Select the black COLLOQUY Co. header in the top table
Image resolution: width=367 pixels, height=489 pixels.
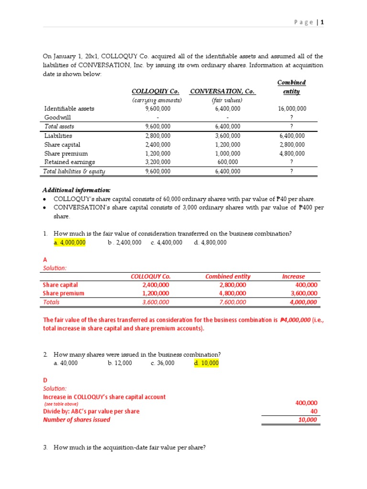pos(155,91)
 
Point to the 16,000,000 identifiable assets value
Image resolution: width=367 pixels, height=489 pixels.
pos(292,108)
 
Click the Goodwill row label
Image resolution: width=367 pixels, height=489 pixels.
pos(57,117)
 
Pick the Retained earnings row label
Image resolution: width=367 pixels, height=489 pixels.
pos(69,162)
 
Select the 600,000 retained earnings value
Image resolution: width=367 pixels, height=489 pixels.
pos(227,162)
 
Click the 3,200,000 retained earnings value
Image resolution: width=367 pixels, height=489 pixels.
pos(157,162)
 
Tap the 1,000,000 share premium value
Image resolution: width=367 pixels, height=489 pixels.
pos(227,153)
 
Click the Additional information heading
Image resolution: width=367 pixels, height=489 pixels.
pos(76,189)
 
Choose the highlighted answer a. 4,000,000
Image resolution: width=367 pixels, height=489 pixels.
pos(70,243)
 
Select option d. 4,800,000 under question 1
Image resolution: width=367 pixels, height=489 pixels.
pos(210,243)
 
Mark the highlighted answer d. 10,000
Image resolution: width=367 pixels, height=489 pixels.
pos(206,363)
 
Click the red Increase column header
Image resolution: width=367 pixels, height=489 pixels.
pos(293,276)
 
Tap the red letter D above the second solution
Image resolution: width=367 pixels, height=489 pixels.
pos(45,380)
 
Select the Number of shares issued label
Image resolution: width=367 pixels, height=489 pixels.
pos(76,420)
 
